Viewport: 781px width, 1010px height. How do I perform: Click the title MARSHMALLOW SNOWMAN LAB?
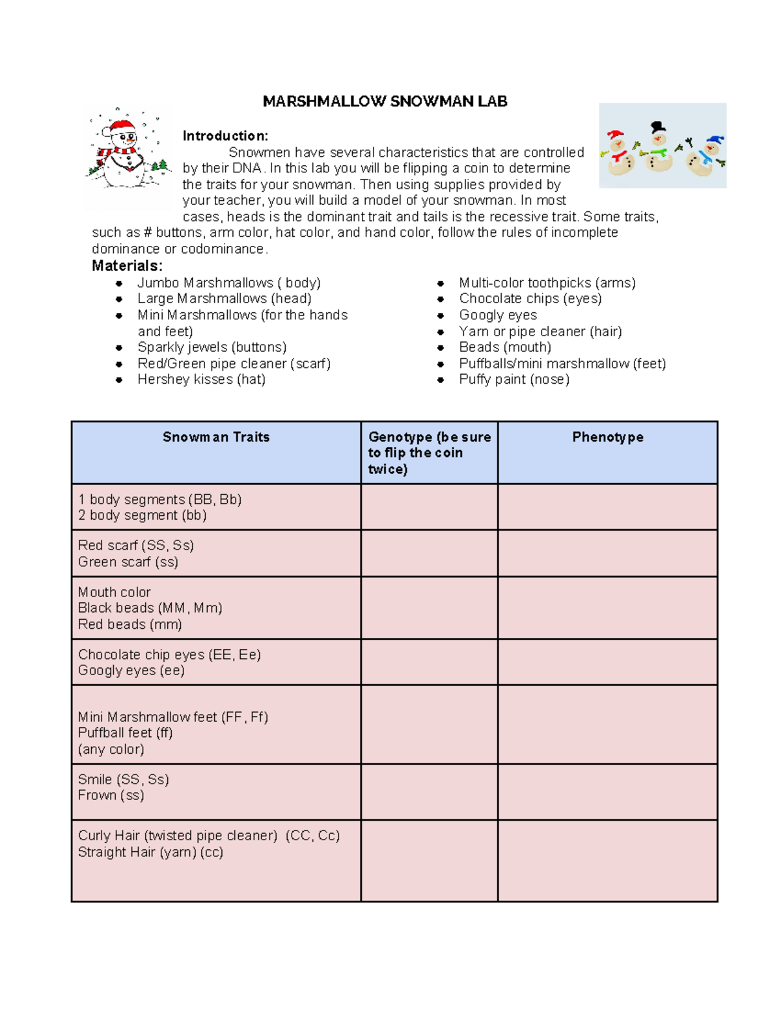(x=385, y=101)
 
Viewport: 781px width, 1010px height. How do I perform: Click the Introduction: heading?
(x=225, y=136)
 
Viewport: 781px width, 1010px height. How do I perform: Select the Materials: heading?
(x=127, y=265)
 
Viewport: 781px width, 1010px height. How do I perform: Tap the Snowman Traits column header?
(x=216, y=437)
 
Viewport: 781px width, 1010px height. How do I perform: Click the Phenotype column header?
(x=607, y=437)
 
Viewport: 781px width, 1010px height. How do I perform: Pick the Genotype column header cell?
(x=429, y=453)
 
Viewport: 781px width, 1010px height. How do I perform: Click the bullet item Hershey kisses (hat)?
(x=201, y=380)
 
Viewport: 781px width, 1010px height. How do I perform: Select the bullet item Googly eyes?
(x=498, y=315)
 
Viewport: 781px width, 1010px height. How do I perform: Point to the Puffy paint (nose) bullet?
(x=514, y=380)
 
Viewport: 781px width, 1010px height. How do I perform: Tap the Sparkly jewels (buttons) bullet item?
(x=212, y=347)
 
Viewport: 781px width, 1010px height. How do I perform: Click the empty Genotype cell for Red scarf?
(x=429, y=553)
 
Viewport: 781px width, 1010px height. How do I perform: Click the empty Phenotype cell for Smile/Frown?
(x=607, y=791)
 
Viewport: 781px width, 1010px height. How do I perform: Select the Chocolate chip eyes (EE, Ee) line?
(x=169, y=655)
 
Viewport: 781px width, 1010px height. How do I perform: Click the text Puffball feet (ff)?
(x=126, y=733)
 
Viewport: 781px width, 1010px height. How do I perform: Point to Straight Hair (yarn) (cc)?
(x=150, y=852)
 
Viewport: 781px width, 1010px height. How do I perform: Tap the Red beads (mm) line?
(x=130, y=624)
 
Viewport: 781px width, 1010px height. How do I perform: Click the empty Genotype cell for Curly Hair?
(x=429, y=860)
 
